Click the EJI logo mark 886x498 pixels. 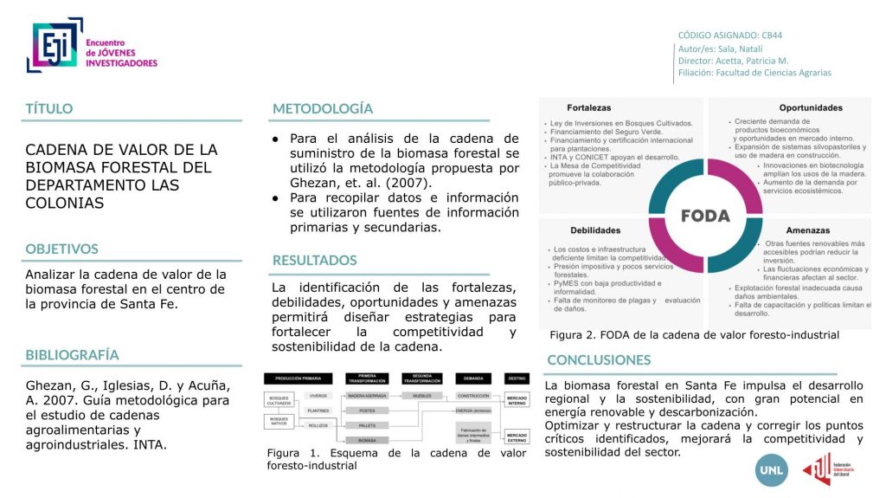pos(54,45)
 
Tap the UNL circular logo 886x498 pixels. pos(772,469)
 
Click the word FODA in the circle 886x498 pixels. pos(705,216)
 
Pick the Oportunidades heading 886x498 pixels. pos(810,108)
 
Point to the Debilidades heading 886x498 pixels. pos(594,230)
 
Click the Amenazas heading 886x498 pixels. pos(808,230)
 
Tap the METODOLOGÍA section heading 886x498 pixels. pos(323,109)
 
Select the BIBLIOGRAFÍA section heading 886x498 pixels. pos(72,355)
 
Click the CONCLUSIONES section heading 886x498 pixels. pos(598,359)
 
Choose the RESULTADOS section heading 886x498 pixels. pos(314,260)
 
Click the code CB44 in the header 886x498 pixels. pos(772,36)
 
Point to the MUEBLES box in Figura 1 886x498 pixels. pos(421,395)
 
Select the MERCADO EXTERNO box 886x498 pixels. pos(517,436)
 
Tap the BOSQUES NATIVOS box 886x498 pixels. pos(278,422)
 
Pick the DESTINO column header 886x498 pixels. pos(517,378)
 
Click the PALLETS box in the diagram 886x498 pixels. pos(367,425)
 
